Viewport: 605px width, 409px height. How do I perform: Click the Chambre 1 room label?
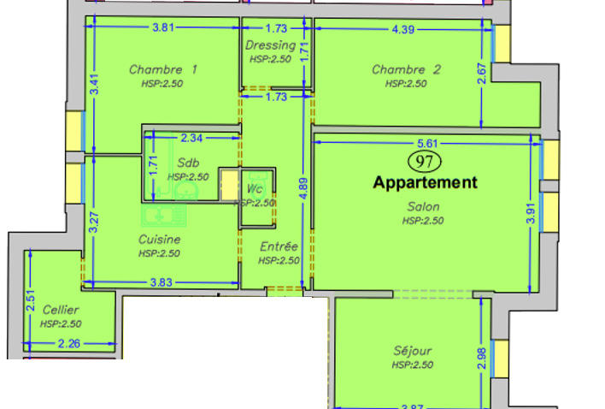[x=163, y=69]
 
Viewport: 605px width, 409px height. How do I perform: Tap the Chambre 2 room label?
[x=406, y=69]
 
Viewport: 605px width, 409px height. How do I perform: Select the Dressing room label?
[x=270, y=45]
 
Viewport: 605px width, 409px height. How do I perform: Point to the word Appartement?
[x=425, y=182]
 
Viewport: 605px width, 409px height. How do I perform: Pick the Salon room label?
[x=423, y=206]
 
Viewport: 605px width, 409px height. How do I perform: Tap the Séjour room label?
[x=413, y=350]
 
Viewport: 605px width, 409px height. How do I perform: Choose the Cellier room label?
[x=60, y=310]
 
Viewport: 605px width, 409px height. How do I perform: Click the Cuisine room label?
[x=160, y=240]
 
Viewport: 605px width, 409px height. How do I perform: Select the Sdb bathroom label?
[x=188, y=163]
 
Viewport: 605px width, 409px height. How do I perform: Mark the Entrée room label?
[x=279, y=246]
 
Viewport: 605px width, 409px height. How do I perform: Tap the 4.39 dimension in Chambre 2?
[x=407, y=28]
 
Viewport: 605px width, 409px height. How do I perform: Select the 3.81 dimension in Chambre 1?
[x=163, y=28]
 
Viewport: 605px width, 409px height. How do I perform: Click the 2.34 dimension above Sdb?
[x=191, y=137]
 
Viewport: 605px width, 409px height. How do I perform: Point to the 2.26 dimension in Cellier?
[x=68, y=344]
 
